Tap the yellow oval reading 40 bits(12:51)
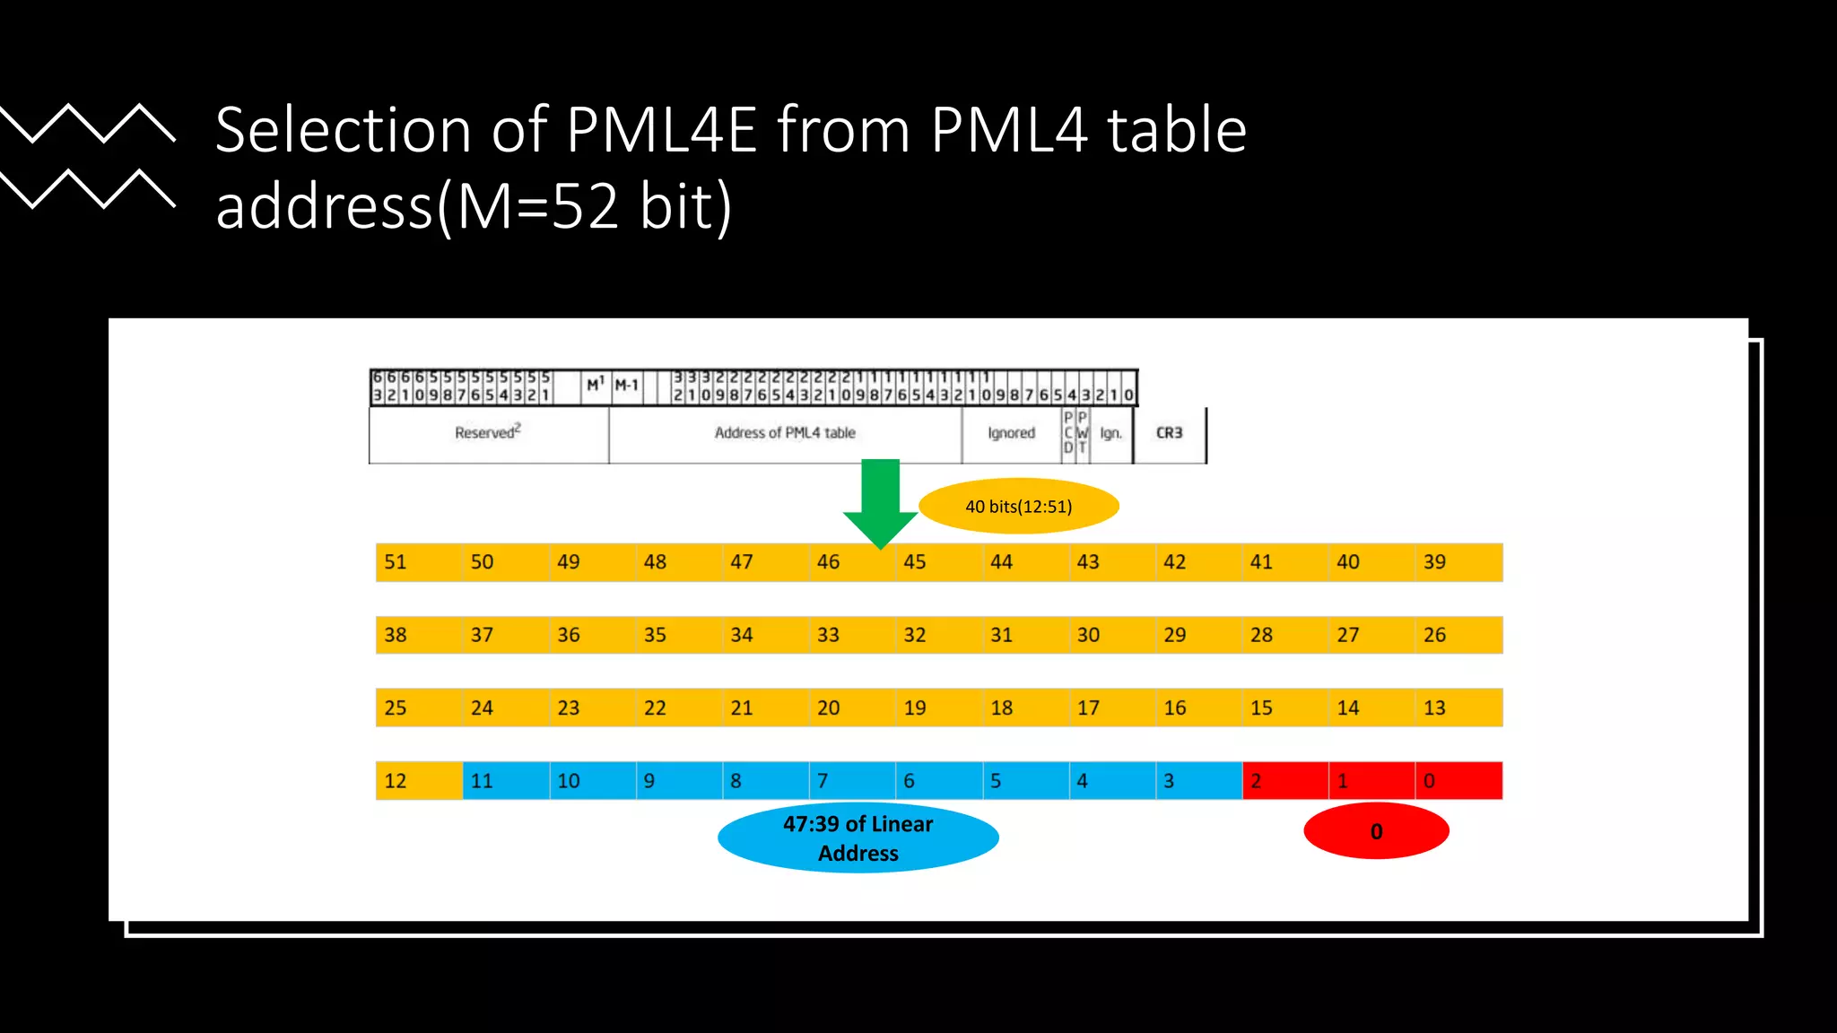pos(1019,507)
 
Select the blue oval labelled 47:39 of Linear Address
pos(858,838)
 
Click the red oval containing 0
pos(1376,831)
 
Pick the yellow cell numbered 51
pos(418,562)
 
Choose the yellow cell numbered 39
pos(1458,562)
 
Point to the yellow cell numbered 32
pos(938,635)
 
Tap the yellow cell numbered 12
pos(418,781)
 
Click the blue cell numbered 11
pos(505,781)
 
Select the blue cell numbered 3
pos(1198,781)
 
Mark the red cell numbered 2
pos(1284,781)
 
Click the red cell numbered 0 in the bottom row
pos(1458,781)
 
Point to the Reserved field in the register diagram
pos(488,433)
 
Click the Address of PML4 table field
pos(785,433)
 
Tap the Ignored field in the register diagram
pos(1012,433)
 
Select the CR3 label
pos(1170,433)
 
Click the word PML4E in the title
pos(662,131)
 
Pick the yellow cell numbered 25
pos(418,708)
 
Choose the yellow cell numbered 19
pos(938,708)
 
